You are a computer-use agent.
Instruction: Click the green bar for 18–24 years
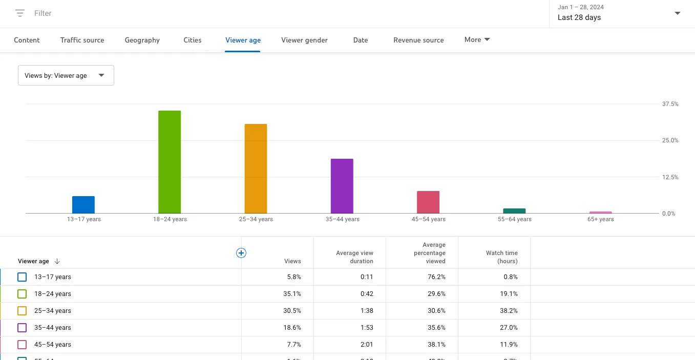(170, 162)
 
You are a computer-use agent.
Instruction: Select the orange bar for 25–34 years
(256, 168)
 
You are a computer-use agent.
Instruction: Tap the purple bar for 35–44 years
(342, 186)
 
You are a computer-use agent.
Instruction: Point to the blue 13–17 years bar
(83, 205)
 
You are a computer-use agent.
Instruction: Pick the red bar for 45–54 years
(428, 202)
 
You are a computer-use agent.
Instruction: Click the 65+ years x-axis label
(601, 219)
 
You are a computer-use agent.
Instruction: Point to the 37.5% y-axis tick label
(670, 104)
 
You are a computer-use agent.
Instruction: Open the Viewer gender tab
(304, 40)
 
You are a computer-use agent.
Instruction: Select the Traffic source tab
(82, 40)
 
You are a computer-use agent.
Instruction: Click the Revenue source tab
(418, 40)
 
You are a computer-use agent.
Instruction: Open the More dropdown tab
(477, 40)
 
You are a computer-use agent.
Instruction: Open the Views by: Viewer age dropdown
(66, 75)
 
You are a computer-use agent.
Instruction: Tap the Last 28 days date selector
(619, 13)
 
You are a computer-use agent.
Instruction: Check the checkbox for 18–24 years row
(22, 294)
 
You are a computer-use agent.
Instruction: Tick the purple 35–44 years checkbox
(22, 328)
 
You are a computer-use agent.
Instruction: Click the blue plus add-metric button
(241, 252)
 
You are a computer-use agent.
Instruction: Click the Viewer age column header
(34, 261)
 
